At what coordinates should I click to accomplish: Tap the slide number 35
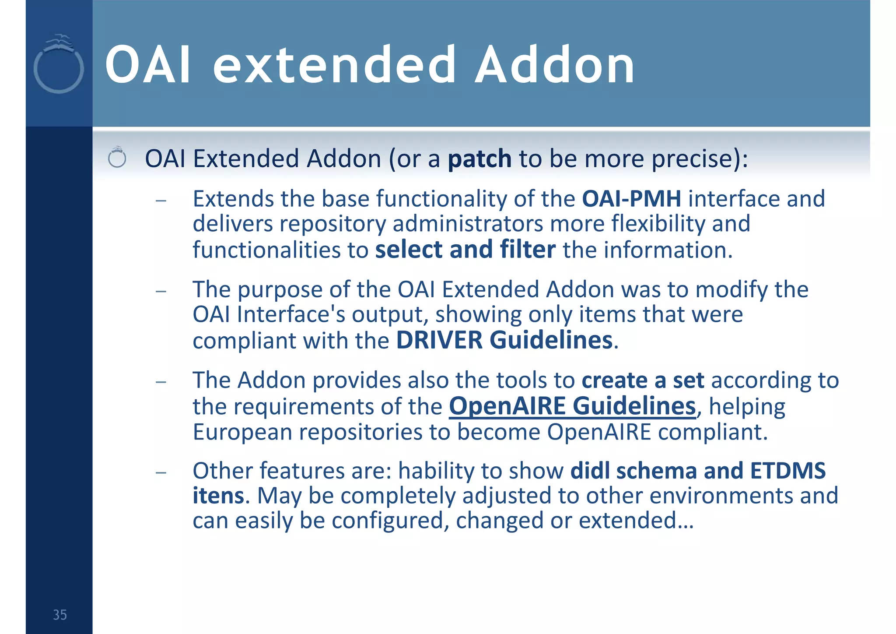pos(60,615)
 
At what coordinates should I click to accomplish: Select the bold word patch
pos(479,158)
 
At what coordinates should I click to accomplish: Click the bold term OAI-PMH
pos(631,199)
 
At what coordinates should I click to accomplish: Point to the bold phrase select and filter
pos(465,250)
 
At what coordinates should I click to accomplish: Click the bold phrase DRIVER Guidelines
pos(504,340)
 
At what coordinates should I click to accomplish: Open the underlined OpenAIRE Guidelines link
pos(572,406)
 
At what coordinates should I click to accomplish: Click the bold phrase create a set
pos(643,380)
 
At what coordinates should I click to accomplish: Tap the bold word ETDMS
pos(788,471)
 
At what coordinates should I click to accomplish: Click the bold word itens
pos(218,496)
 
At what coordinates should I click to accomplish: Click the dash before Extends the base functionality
pos(161,201)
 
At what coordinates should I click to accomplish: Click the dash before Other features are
pos(161,473)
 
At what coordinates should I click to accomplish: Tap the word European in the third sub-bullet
pos(242,432)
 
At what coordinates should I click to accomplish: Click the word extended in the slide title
pos(334,66)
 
